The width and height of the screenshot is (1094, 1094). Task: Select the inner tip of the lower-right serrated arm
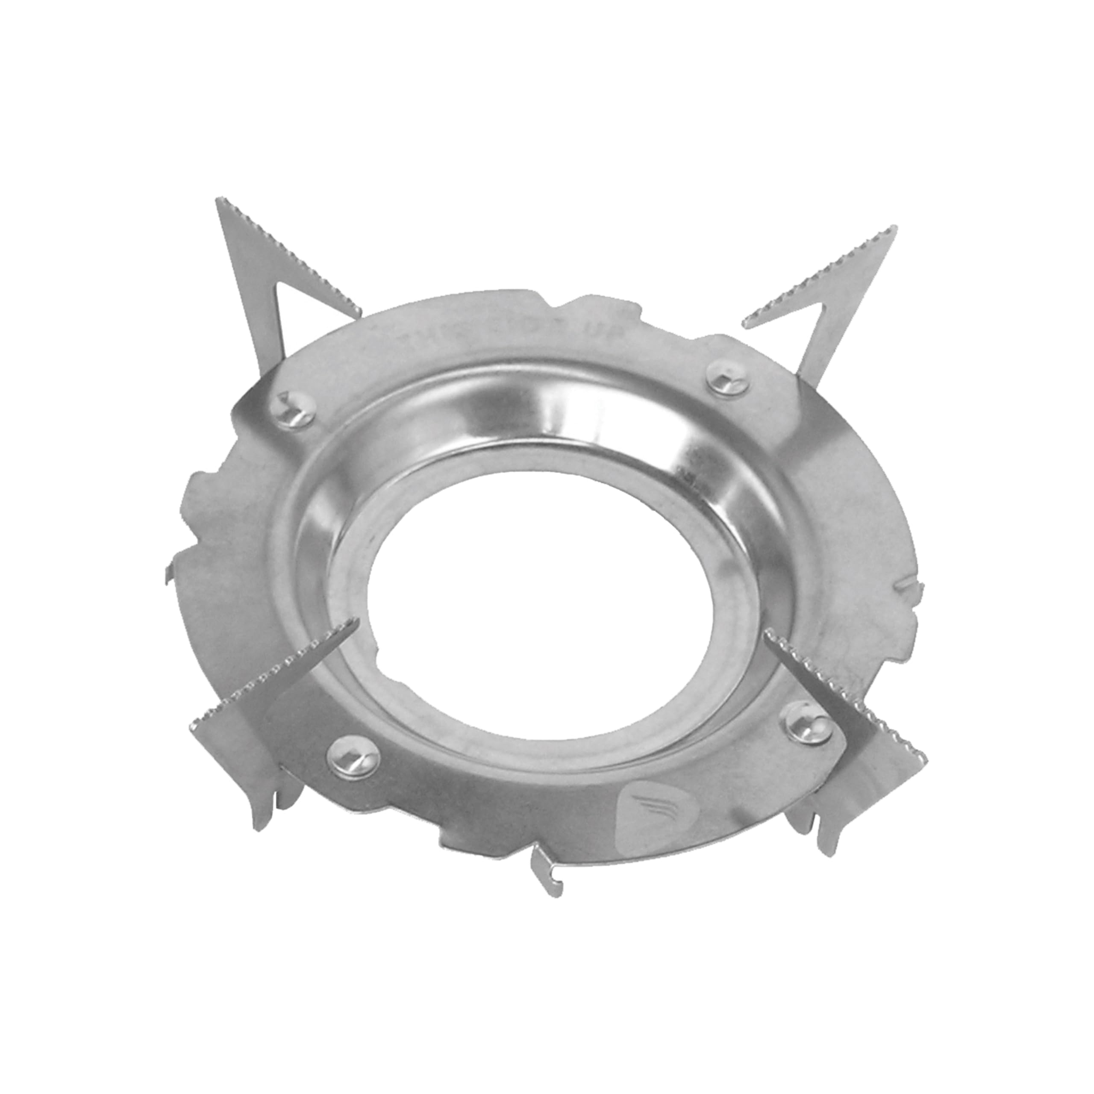click(x=765, y=635)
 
